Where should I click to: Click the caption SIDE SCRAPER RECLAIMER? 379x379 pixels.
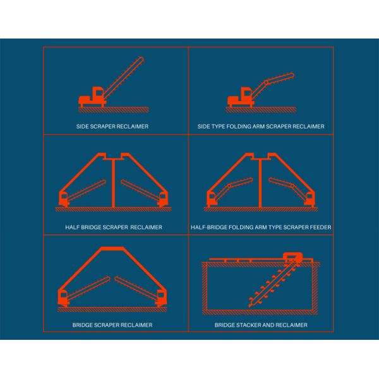click(117, 126)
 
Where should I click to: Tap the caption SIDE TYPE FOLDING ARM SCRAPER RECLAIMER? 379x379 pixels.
click(261, 126)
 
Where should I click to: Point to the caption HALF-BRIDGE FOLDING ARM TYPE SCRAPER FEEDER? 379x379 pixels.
click(261, 226)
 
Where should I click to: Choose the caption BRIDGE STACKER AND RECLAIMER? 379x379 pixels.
click(261, 325)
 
